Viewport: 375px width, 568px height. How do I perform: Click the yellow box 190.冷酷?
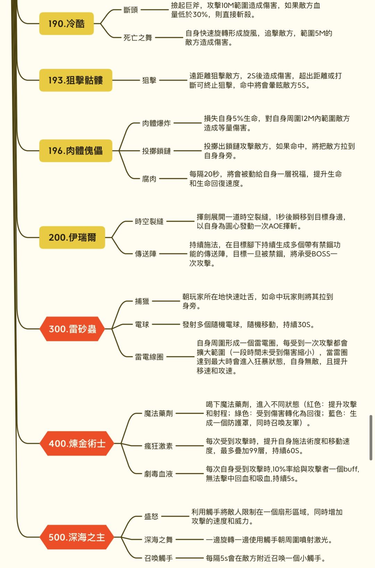point(66,24)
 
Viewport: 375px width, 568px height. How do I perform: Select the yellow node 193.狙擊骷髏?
point(76,80)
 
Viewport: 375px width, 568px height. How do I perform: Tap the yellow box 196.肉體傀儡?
point(76,151)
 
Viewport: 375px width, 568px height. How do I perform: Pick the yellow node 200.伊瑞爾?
point(72,237)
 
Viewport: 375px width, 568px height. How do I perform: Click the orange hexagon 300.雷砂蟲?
point(72,329)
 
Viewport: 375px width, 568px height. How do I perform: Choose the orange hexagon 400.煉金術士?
point(77,444)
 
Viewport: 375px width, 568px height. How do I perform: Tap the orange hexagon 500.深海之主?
point(77,537)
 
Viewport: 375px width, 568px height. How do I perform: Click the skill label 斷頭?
point(131,10)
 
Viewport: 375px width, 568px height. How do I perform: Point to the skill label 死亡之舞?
point(138,38)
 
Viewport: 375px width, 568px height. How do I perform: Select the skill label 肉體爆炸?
point(156,123)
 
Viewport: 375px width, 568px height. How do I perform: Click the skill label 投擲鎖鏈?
point(156,151)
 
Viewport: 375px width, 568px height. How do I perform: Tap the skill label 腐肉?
point(149,179)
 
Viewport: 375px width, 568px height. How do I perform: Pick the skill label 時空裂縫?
point(149,221)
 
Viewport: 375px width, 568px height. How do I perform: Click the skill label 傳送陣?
point(145,254)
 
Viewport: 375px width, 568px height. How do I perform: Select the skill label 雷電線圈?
point(149,357)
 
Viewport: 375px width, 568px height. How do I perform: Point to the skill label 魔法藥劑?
point(158,413)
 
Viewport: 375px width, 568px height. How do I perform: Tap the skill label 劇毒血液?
point(158,474)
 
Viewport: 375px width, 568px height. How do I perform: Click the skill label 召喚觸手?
point(158,558)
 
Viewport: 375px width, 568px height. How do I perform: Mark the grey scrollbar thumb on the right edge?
point(371,437)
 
